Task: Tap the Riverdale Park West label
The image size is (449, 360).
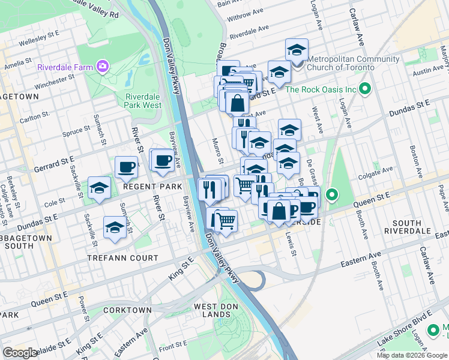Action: click(x=143, y=101)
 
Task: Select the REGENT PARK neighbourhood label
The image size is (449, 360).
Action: click(x=152, y=187)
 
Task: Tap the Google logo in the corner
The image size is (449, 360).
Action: click(x=20, y=353)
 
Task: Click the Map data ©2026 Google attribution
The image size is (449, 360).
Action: click(x=411, y=355)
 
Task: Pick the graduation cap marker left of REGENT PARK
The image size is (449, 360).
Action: click(x=100, y=188)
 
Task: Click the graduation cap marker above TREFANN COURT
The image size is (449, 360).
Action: click(x=115, y=227)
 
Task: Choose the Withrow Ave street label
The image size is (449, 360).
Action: click(x=245, y=11)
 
